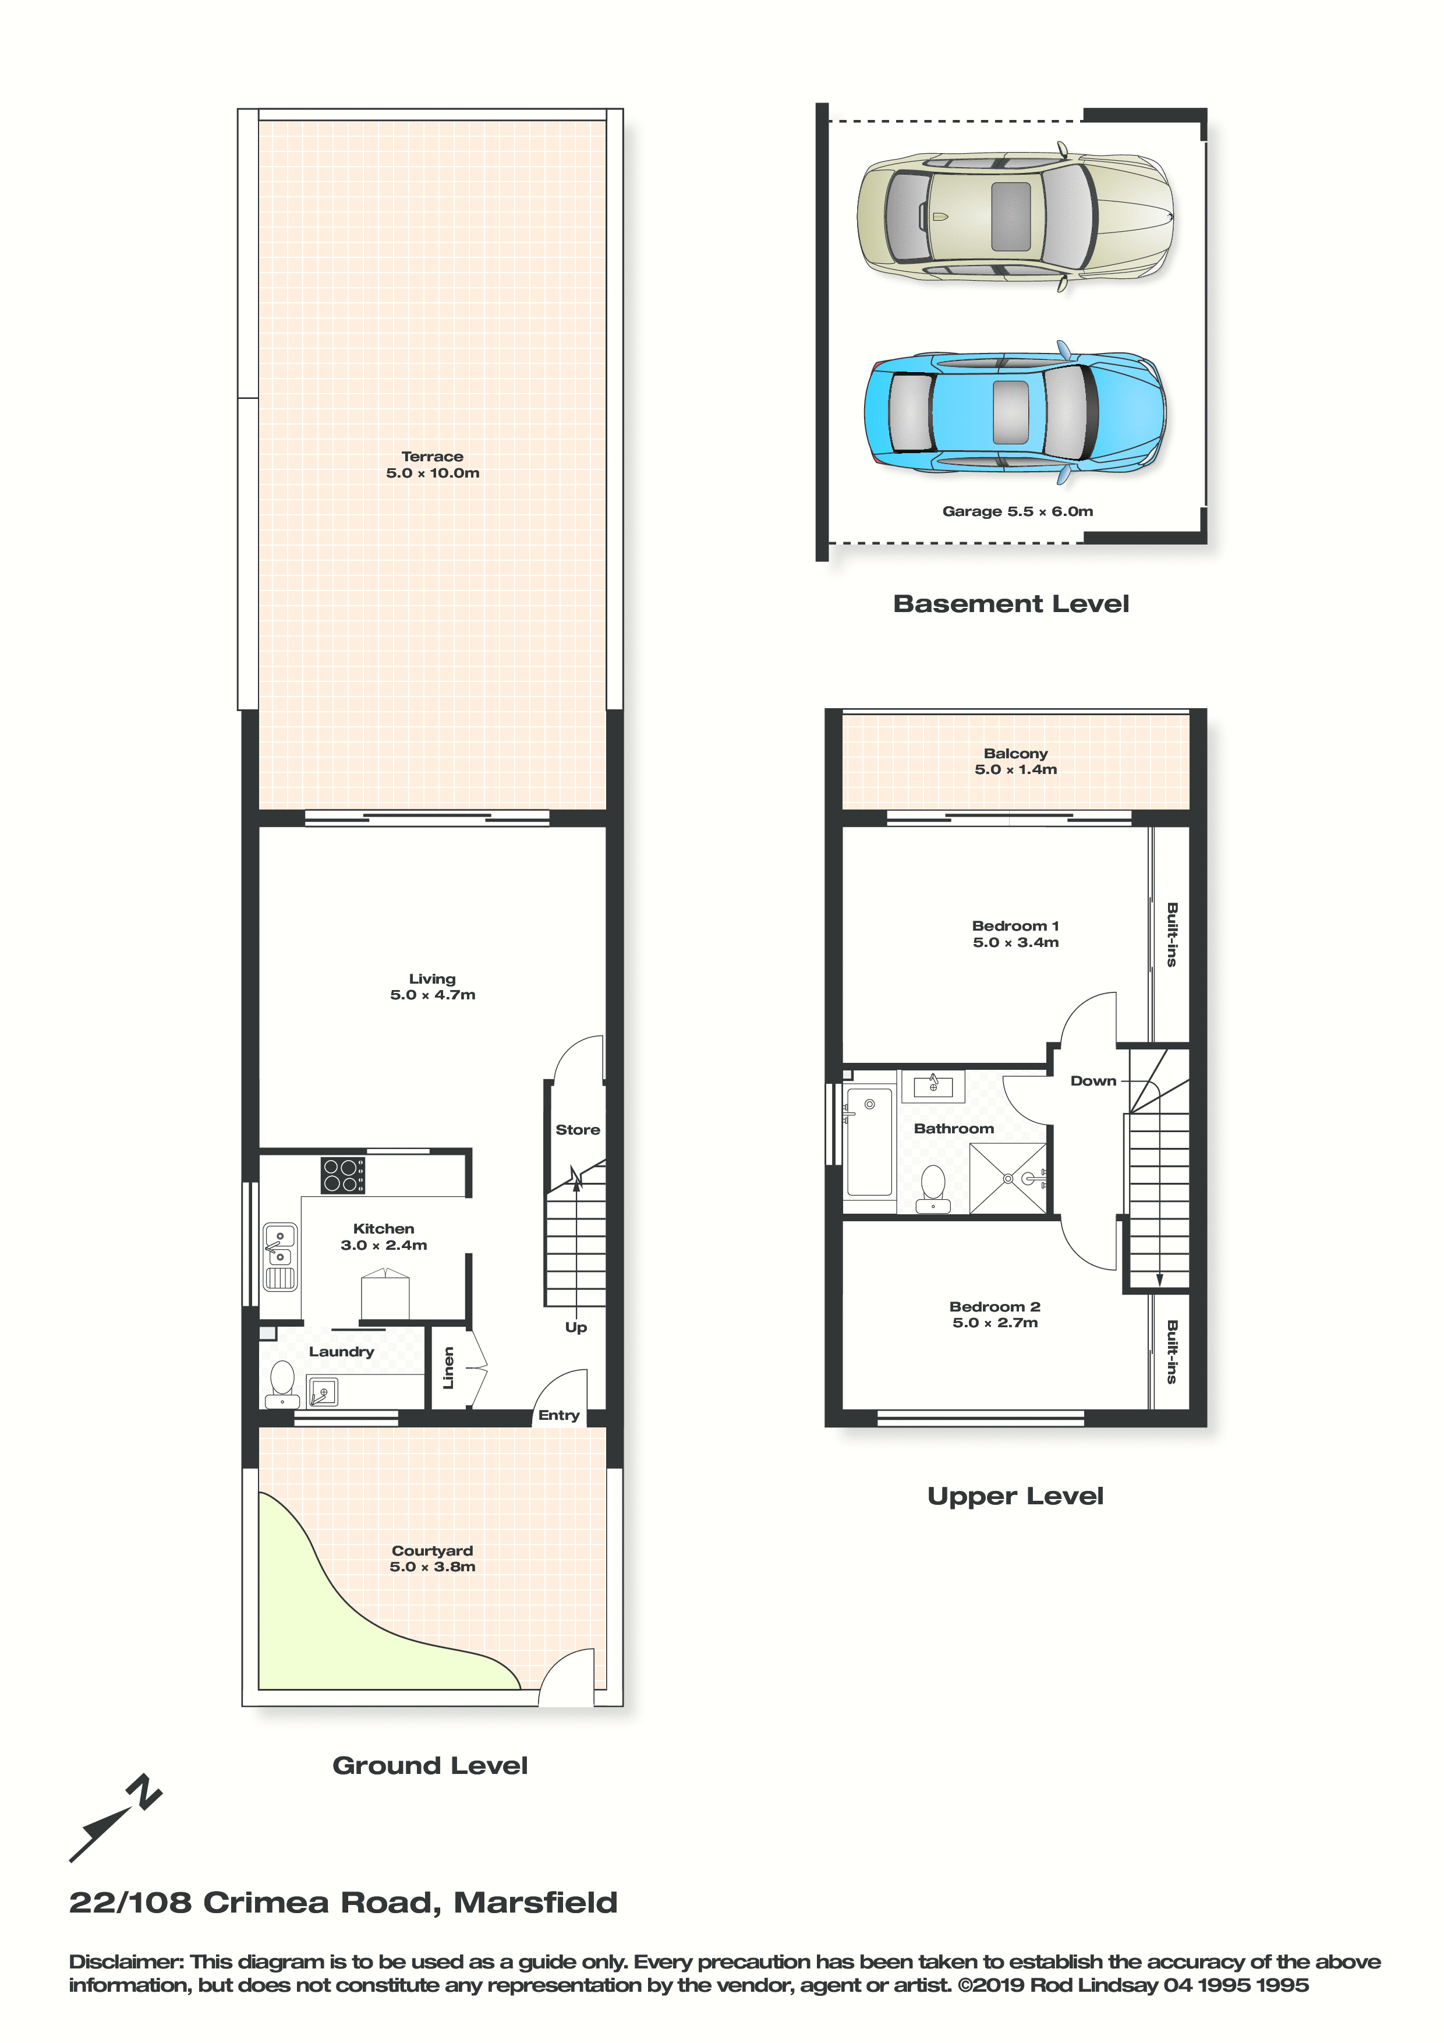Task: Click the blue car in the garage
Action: tap(1015, 412)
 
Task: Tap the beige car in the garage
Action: tap(1015, 216)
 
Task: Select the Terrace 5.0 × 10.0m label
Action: tap(433, 465)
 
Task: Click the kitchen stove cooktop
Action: tap(342, 1175)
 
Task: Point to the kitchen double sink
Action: tap(280, 1256)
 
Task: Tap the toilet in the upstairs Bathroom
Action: tap(932, 1189)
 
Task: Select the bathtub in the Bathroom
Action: tap(869, 1141)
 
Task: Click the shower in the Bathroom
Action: tap(1008, 1178)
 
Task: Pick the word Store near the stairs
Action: tap(578, 1129)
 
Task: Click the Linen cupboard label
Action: tap(448, 1367)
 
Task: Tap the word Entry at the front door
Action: tap(559, 1415)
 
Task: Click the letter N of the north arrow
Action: tap(144, 1792)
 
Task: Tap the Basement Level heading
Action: tap(1011, 603)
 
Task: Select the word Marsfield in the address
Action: tap(536, 1903)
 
